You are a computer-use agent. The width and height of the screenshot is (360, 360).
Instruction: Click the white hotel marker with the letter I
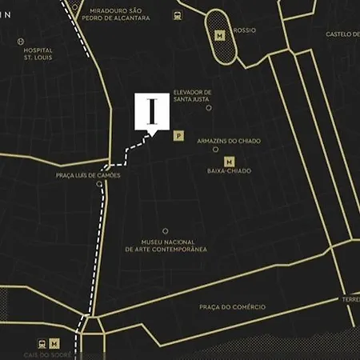[152, 111]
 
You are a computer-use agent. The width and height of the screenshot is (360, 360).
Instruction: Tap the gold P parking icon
[178, 136]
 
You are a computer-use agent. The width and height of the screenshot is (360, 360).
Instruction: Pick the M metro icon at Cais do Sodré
[54, 343]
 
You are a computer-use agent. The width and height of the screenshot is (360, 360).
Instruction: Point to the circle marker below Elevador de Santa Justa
[209, 107]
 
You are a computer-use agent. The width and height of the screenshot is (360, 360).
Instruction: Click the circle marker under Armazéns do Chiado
[215, 149]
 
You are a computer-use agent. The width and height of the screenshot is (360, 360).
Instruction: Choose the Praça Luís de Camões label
[88, 175]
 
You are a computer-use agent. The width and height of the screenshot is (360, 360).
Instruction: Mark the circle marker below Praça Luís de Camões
[99, 184]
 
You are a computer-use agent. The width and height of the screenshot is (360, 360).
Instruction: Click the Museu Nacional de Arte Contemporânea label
[166, 245]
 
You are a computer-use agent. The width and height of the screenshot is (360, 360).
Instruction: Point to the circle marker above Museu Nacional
[166, 231]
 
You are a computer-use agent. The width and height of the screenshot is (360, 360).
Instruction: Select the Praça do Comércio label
[232, 306]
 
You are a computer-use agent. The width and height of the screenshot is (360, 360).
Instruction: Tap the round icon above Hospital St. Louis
[20, 41]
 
